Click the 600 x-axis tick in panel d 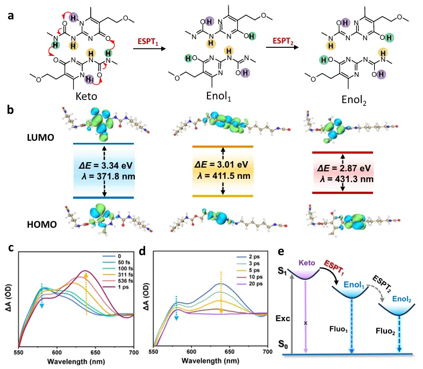point(191,352)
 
